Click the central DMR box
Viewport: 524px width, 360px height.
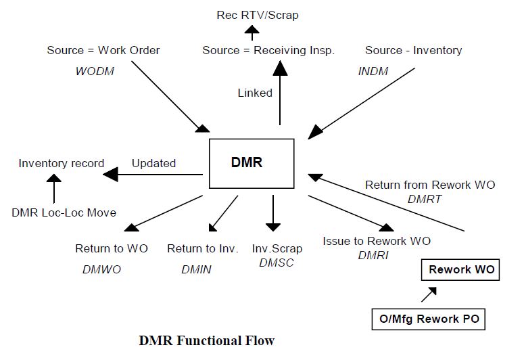tap(252, 163)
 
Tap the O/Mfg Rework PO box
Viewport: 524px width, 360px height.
tap(429, 319)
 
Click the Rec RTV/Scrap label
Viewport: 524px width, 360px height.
tap(258, 14)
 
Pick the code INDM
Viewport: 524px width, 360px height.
tap(373, 71)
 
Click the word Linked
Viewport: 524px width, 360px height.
tap(255, 93)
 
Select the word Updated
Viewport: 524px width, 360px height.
tap(153, 163)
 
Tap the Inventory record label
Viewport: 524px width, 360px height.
tap(62, 163)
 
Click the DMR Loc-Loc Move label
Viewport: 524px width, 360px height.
tap(64, 212)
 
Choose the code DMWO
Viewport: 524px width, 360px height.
tap(101, 269)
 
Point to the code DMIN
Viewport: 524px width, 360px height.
tap(196, 269)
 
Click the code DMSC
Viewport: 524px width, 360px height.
tap(277, 263)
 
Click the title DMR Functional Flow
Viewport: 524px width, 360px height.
tap(207, 340)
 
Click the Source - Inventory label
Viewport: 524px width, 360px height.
tap(413, 51)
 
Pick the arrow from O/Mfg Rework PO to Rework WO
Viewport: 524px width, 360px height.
tap(428, 294)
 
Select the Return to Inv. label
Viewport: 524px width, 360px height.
tap(203, 248)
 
